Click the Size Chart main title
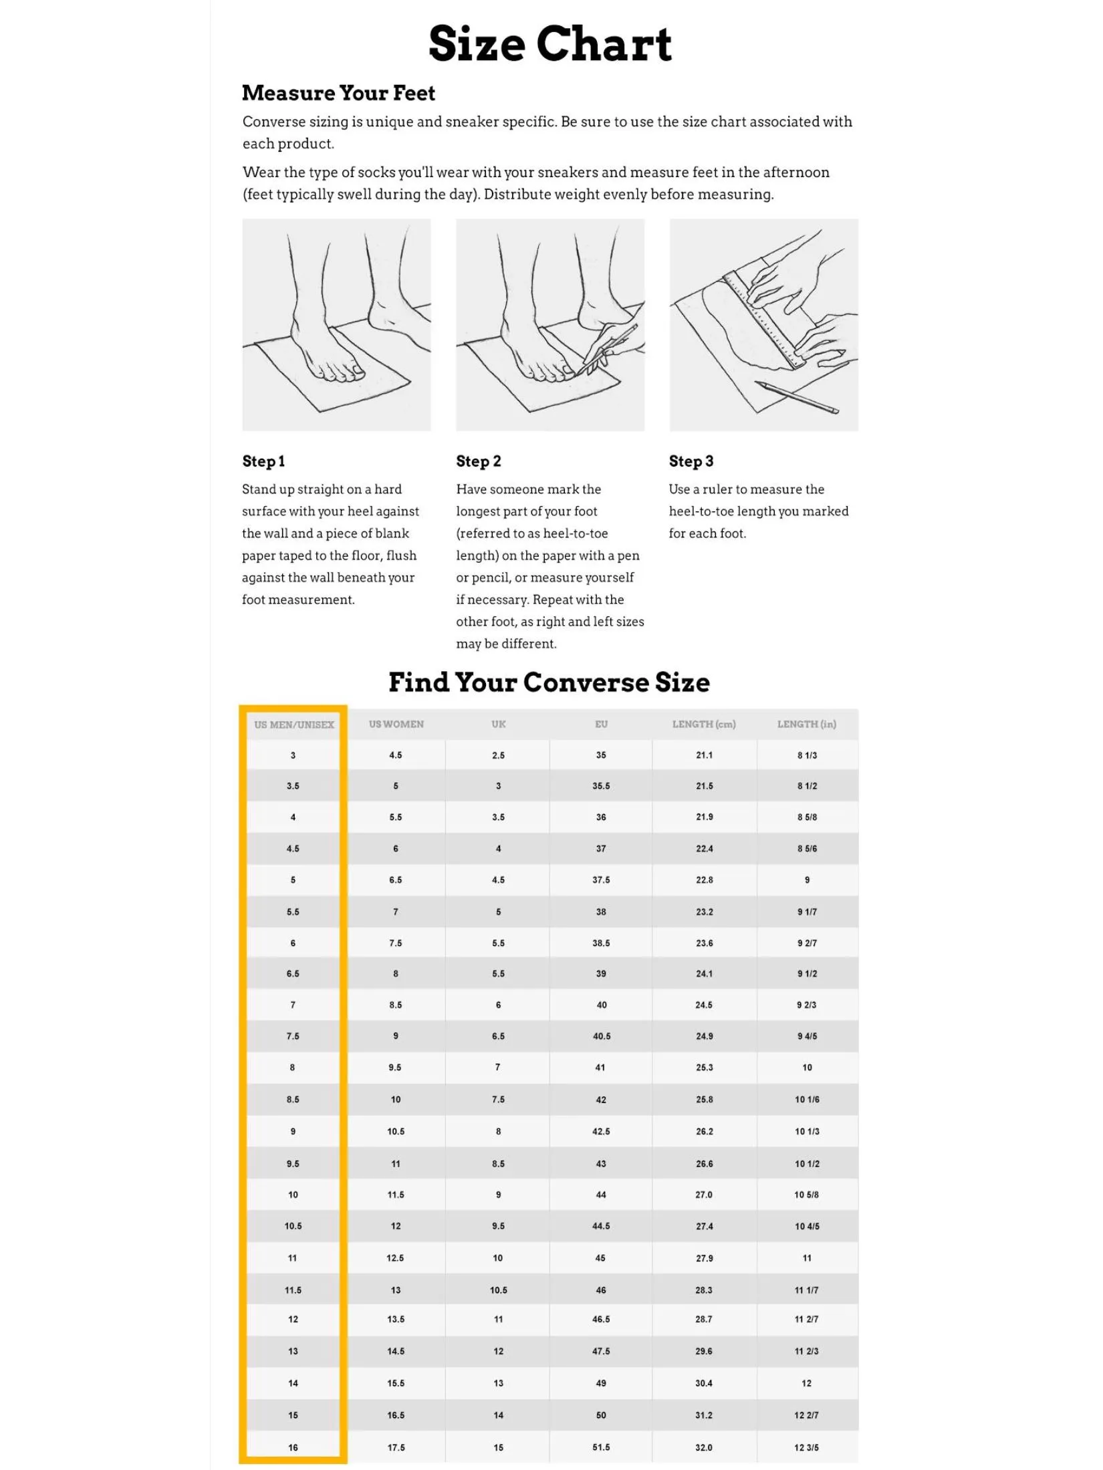pos(550,43)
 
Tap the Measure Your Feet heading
pos(338,93)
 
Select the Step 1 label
pos(263,461)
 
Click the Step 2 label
pos(479,461)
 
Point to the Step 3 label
pos(691,461)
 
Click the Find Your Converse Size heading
pos(549,683)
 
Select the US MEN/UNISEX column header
pos(294,725)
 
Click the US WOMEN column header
pos(396,724)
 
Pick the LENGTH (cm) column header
pos(704,724)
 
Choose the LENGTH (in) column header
pos(807,724)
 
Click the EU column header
pos(602,724)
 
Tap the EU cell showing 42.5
pos(601,1132)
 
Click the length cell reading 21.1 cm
pos(705,755)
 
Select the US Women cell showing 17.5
pos(396,1447)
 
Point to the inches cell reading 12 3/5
pos(807,1447)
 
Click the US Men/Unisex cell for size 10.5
pos(293,1226)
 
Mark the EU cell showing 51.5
pos(601,1447)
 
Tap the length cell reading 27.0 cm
pos(704,1195)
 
